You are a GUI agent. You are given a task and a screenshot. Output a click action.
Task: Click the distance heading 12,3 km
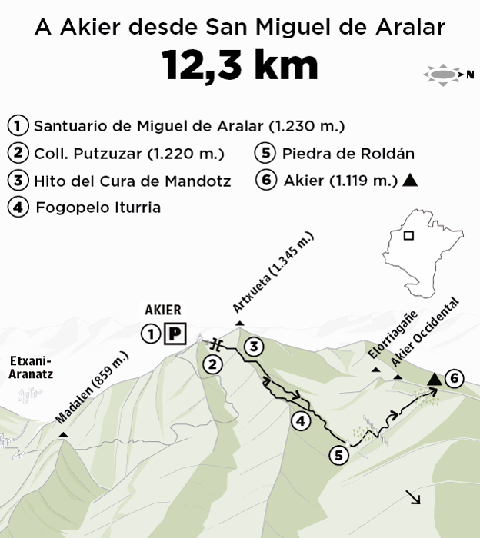click(240, 66)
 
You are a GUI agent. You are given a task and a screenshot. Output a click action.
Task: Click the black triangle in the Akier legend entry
click(410, 181)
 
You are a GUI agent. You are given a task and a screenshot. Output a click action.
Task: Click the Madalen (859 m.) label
click(92, 387)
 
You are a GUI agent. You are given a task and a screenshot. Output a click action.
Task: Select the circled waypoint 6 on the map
click(455, 378)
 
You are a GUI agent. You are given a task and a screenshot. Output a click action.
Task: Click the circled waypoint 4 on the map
click(301, 420)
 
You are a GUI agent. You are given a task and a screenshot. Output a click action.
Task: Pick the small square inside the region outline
click(408, 236)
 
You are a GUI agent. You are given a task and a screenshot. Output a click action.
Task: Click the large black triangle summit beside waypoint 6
click(434, 378)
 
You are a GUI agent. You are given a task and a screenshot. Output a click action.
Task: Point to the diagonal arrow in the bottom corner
click(415, 498)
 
